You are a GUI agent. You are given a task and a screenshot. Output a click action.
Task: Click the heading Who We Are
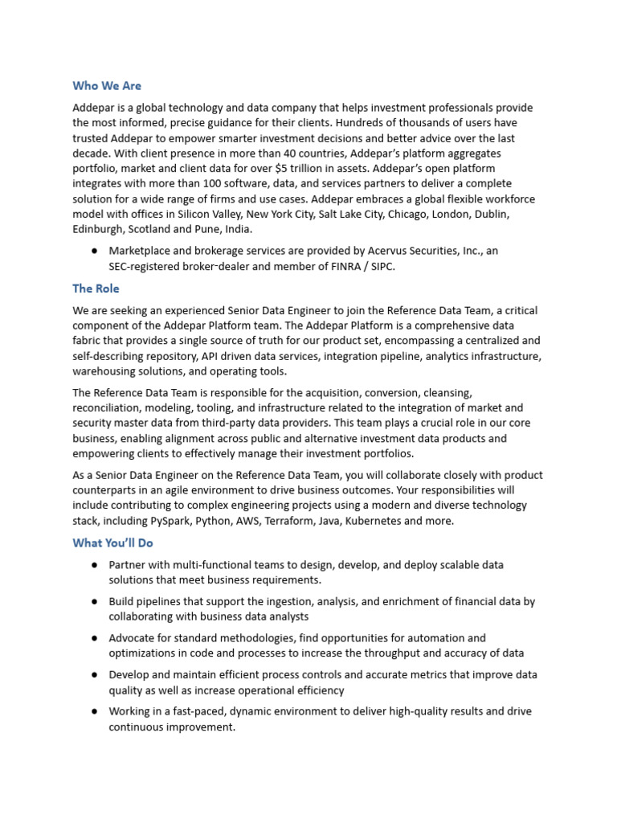pos(107,86)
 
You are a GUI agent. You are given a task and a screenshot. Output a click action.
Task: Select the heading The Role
pos(96,289)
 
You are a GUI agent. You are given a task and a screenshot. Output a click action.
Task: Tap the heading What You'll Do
pos(112,543)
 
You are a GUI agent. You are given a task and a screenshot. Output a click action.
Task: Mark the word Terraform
pos(287,521)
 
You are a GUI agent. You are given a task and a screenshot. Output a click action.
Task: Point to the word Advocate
pos(133,638)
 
